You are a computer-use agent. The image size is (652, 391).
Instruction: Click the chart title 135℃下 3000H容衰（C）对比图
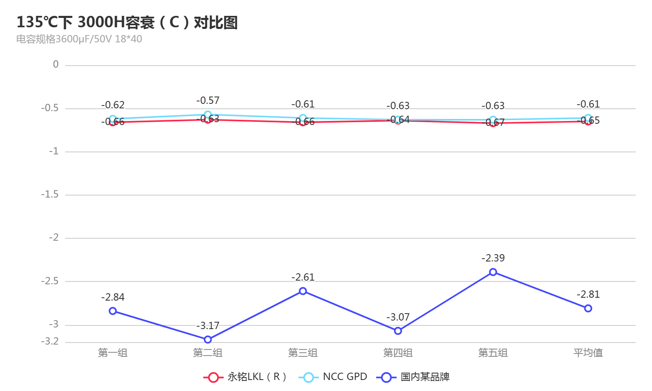coord(127,22)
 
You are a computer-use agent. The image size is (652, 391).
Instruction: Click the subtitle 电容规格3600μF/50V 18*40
coord(79,39)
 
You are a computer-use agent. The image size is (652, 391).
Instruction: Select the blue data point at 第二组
coord(208,339)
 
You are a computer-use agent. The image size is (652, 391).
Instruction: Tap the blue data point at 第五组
coord(493,272)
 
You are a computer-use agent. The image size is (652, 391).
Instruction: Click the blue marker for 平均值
coord(588,308)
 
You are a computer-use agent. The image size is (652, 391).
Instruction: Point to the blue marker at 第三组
coord(303,291)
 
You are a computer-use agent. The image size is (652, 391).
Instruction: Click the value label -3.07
coord(398,317)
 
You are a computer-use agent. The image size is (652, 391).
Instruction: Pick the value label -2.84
coord(113,297)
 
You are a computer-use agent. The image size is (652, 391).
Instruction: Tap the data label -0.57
coord(208,101)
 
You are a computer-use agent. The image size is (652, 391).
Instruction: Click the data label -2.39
coord(493,258)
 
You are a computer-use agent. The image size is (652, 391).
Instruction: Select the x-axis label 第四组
coord(398,353)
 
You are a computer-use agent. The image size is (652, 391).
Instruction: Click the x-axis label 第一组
coord(113,353)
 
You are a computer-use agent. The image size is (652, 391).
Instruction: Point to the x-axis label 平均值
coord(588,353)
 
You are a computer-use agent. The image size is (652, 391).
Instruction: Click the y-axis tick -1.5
coord(50,195)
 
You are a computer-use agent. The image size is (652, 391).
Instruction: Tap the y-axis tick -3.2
coord(50,341)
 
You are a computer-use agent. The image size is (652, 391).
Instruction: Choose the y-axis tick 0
coord(56,64)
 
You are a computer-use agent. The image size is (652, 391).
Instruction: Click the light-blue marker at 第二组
coord(208,114)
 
